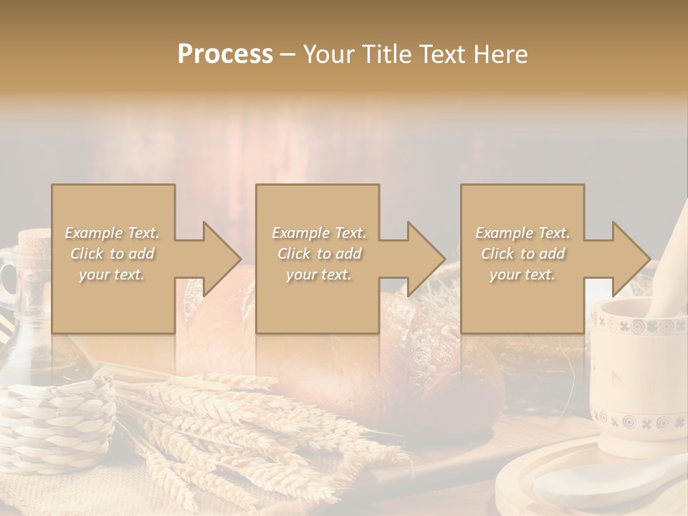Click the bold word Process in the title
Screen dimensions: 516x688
(x=225, y=54)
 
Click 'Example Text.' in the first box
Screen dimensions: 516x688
(x=112, y=233)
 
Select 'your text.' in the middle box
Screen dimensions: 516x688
(x=318, y=274)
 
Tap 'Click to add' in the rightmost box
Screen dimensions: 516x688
(x=523, y=254)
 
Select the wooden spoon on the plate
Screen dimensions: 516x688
(x=609, y=487)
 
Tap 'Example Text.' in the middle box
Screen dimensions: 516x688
(x=318, y=233)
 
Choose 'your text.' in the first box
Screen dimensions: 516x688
(x=112, y=274)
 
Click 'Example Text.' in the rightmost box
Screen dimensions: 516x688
(x=523, y=233)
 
